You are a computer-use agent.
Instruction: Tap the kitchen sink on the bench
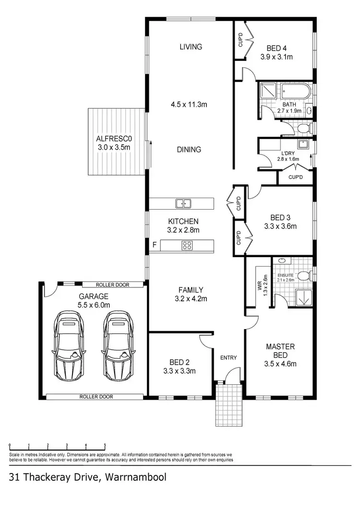tap(183, 203)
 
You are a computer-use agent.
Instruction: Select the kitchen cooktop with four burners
tap(187, 246)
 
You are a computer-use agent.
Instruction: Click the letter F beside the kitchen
tap(154, 246)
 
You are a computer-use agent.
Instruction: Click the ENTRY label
tap(229, 357)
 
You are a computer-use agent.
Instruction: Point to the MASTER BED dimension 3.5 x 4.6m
tap(280, 364)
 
